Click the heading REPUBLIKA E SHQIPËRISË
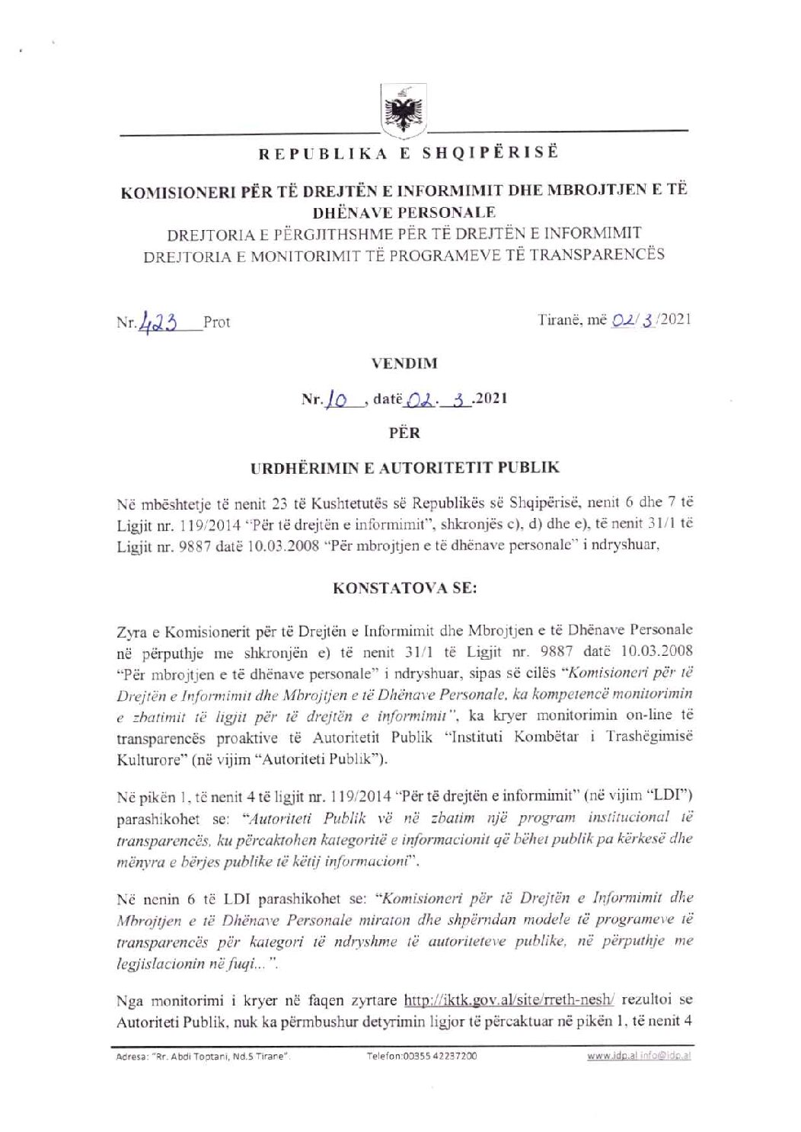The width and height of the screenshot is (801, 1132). [x=408, y=153]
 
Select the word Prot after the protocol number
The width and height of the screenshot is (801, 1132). [x=216, y=322]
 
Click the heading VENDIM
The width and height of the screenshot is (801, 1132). [x=404, y=363]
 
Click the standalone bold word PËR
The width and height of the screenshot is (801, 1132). [x=404, y=433]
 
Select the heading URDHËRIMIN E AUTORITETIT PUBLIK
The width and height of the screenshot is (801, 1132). [x=404, y=468]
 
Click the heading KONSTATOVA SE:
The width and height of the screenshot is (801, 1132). [x=404, y=588]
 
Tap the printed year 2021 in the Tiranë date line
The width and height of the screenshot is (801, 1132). [x=675, y=319]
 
